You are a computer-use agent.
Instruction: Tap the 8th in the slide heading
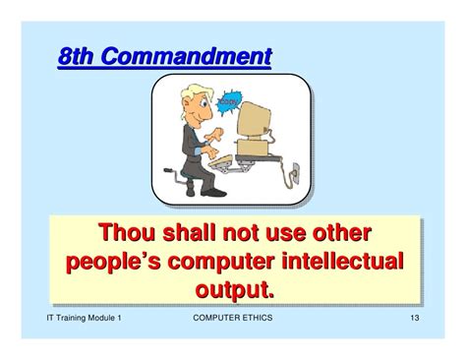tap(78, 57)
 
